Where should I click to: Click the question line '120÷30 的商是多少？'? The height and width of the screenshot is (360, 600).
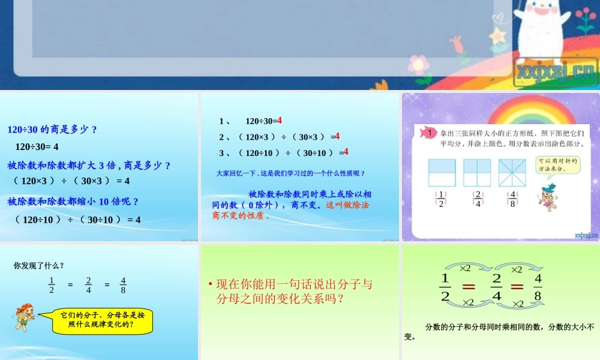click(52, 129)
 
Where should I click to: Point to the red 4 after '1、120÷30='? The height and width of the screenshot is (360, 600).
click(280, 120)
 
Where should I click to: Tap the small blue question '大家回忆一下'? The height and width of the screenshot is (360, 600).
click(290, 173)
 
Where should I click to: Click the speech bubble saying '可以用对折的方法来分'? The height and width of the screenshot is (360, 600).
click(557, 165)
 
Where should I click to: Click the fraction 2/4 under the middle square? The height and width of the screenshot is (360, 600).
click(478, 199)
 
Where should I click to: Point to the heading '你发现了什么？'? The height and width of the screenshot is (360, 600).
click(39, 265)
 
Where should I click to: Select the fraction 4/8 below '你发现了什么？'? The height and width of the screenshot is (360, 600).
click(123, 285)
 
